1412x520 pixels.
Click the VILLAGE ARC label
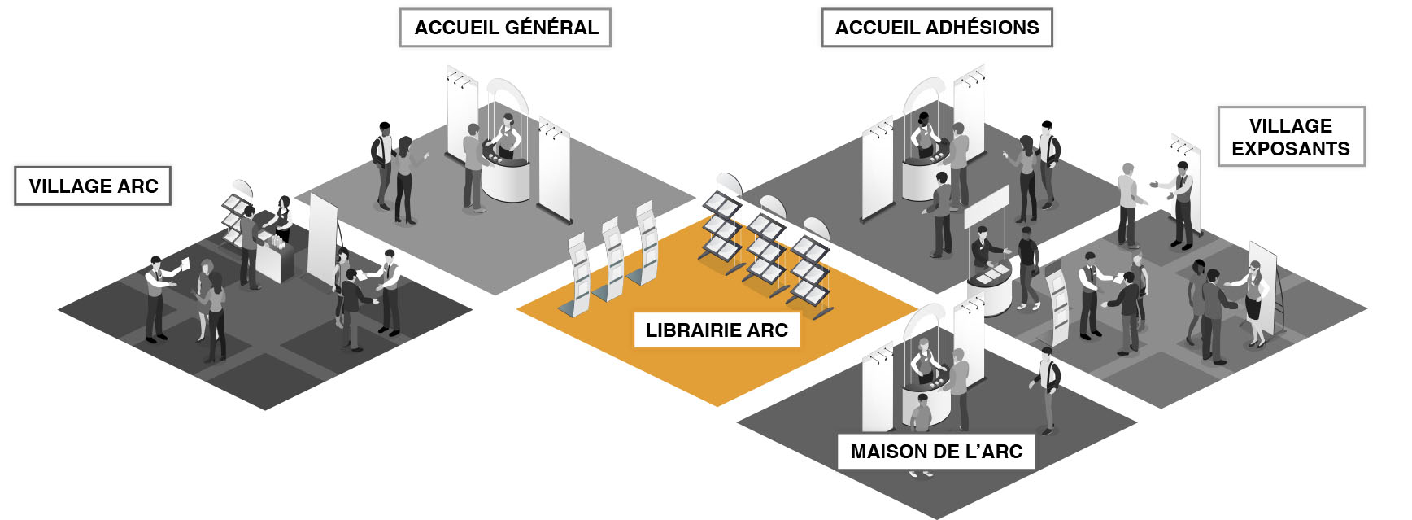93,186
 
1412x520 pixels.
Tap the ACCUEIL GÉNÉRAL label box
505,28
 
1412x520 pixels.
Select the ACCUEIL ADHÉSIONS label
937,28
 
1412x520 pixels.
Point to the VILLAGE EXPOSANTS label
1291,137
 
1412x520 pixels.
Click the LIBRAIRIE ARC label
717,330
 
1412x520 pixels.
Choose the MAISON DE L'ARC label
936,452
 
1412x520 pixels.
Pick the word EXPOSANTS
1291,149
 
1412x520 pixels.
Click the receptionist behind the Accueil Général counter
508,135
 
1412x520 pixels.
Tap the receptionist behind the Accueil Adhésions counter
924,135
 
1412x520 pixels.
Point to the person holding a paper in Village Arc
157,297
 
